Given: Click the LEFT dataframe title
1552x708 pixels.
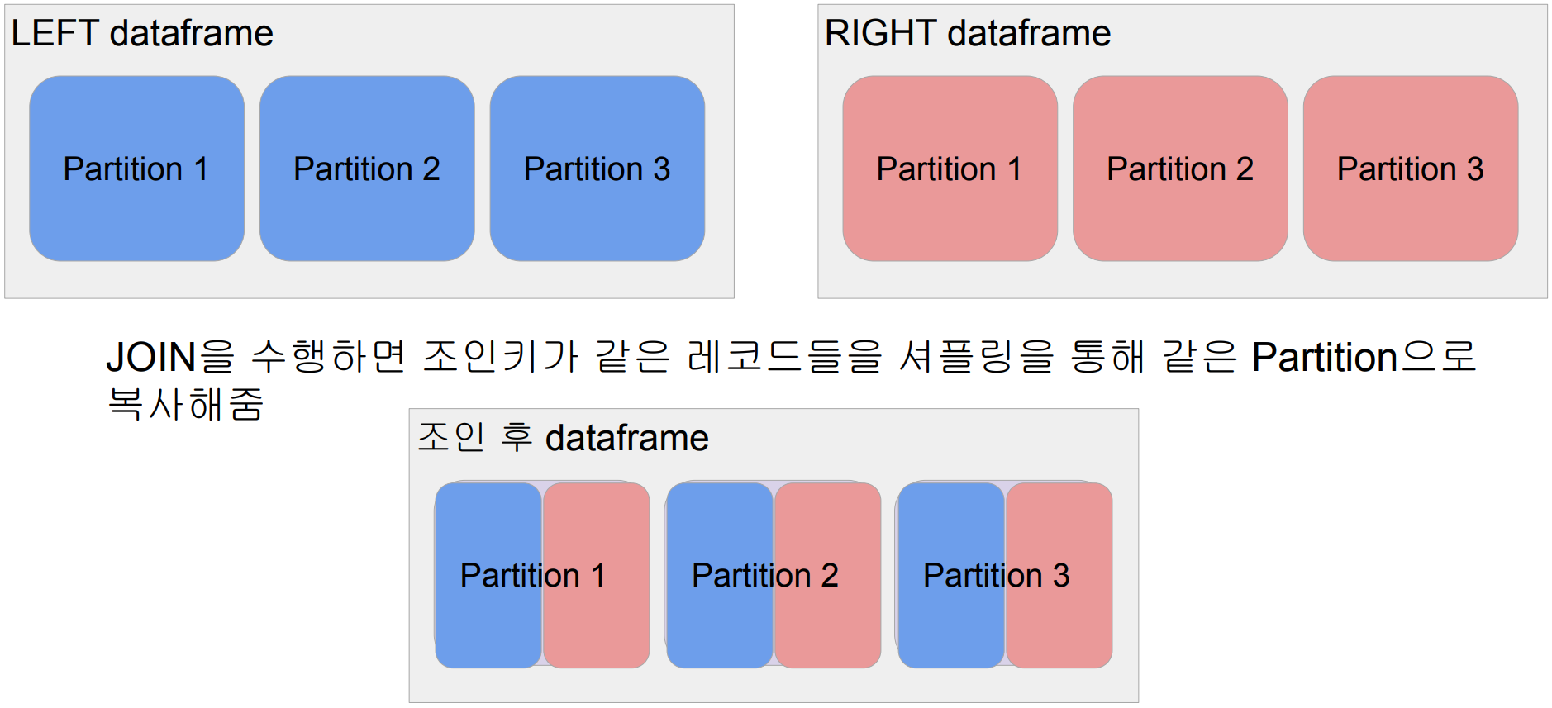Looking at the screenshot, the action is click(x=142, y=34).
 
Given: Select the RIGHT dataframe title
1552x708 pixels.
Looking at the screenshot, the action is click(x=967, y=34).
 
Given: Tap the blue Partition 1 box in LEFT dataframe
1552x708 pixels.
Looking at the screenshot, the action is click(x=136, y=169).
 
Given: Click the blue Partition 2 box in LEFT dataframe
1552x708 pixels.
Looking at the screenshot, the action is click(x=367, y=169).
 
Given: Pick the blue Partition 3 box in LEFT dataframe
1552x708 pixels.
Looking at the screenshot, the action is click(x=597, y=169).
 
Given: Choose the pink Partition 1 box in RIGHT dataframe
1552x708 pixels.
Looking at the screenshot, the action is click(x=950, y=169).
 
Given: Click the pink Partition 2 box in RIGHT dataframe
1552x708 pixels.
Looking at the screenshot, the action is click(x=1180, y=169).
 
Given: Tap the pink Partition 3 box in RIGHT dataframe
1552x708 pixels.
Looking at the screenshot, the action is click(x=1410, y=169).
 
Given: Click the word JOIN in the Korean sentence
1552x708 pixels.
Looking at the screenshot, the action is click(x=150, y=358).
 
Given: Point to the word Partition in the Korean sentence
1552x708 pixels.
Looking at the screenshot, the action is click(x=1324, y=358).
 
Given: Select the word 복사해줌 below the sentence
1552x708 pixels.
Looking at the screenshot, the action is click(x=186, y=404).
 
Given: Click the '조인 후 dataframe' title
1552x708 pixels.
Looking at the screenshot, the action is click(x=563, y=438).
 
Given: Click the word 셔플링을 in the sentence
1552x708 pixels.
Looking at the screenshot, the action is click(x=977, y=358).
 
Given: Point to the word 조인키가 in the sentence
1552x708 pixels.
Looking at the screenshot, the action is click(x=501, y=358).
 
